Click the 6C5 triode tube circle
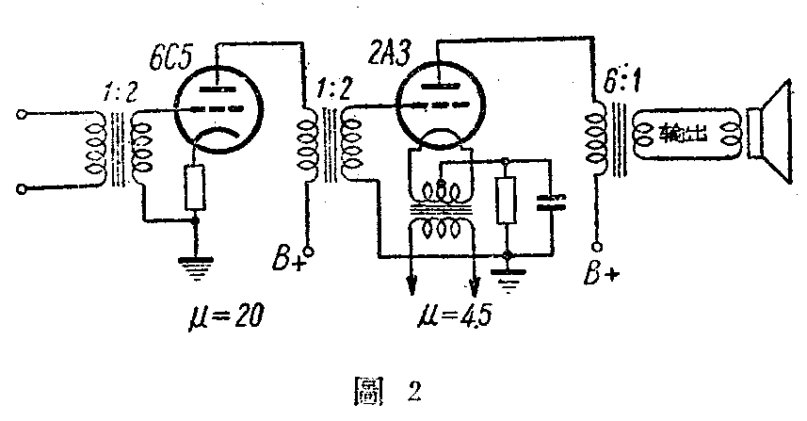click(x=219, y=115)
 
